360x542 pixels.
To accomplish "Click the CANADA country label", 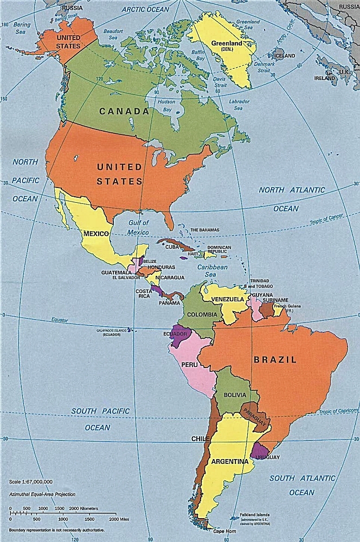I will pos(124,111).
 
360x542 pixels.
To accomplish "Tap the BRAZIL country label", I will pos(275,359).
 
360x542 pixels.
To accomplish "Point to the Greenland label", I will pos(226,43).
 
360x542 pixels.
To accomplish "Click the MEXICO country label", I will pos(97,234).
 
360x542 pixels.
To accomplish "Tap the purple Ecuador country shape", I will pos(179,334).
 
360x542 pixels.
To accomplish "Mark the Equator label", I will pos(60,320).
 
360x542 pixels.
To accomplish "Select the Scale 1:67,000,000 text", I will pos(31,481).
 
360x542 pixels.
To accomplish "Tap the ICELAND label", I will pos(284,56).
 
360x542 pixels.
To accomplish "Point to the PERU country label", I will pos(189,365).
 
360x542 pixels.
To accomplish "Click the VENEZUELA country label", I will pos(227,299).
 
